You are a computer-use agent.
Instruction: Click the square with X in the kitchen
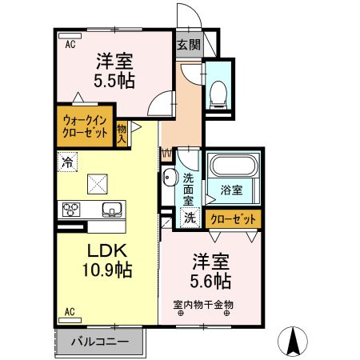click(x=98, y=183)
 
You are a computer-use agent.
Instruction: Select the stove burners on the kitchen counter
click(x=70, y=210)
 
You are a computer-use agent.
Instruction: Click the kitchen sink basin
click(x=111, y=210)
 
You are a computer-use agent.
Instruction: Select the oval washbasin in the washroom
click(x=170, y=178)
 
